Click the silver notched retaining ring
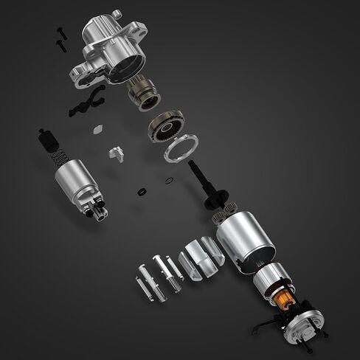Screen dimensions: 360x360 pyautogui.click(x=180, y=146)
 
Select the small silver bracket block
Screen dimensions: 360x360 pyautogui.click(x=114, y=153)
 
